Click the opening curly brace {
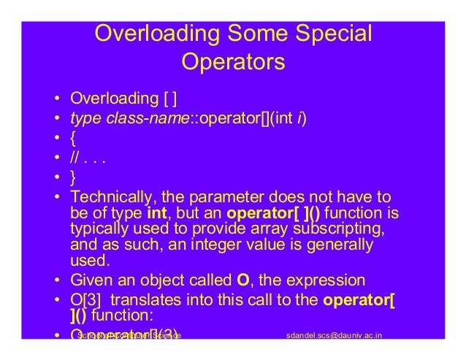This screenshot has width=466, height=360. pyautogui.click(x=72, y=137)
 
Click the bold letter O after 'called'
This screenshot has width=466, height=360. pyautogui.click(x=243, y=280)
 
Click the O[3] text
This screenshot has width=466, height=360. pyautogui.click(x=85, y=299)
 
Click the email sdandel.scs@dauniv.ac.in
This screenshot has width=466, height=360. pyautogui.click(x=337, y=334)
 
